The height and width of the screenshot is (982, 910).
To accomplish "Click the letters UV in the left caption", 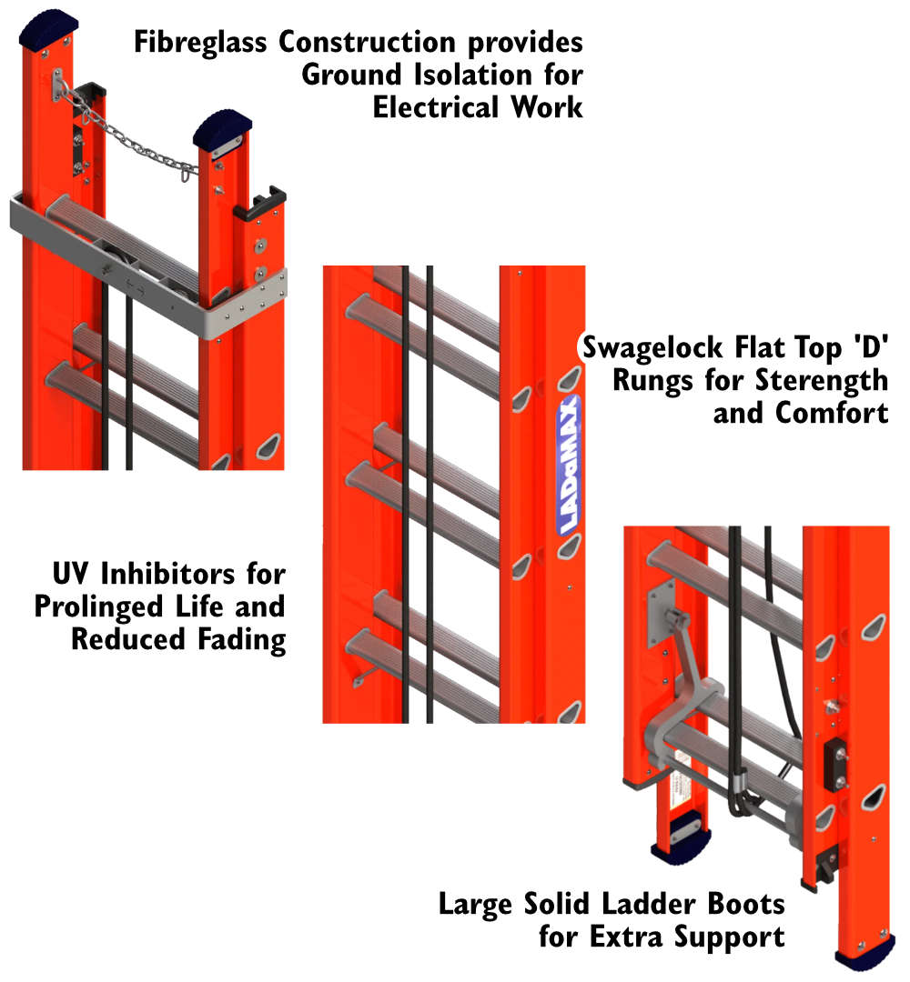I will click(69, 574).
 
